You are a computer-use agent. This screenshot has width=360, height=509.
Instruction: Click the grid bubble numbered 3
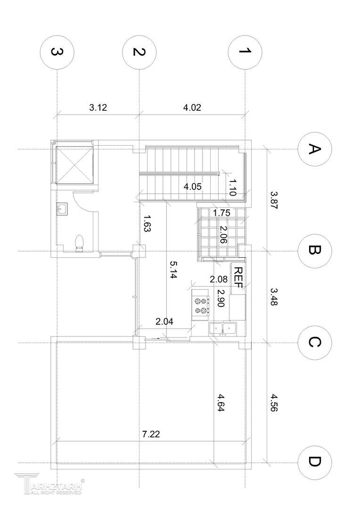point(57,52)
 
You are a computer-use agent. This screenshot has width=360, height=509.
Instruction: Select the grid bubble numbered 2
point(139,52)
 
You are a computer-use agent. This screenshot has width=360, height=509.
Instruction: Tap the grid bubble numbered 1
point(245,52)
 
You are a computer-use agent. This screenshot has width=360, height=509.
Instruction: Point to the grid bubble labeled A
point(315,149)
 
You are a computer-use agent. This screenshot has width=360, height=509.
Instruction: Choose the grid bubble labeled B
point(315,251)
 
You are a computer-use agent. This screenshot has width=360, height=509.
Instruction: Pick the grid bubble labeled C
point(315,343)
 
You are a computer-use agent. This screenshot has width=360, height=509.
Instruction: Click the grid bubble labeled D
point(315,462)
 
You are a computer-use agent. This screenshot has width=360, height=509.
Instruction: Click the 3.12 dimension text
point(98,107)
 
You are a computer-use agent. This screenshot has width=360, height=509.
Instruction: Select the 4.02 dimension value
point(192,107)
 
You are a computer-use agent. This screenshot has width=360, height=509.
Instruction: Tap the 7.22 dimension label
point(151,434)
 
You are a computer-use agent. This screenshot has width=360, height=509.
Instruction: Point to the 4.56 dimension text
point(274,403)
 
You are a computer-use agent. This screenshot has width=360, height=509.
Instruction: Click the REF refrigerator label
point(238,278)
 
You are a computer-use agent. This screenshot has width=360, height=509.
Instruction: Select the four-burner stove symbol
point(201,305)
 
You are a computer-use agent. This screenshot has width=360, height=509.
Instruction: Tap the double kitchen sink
point(223,329)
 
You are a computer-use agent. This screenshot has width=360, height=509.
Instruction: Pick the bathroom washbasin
point(62,208)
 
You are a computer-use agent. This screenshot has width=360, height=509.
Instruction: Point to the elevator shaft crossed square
point(74,165)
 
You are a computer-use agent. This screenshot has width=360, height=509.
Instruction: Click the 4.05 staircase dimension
point(193,187)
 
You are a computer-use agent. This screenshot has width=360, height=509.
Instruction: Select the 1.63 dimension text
point(147,223)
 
